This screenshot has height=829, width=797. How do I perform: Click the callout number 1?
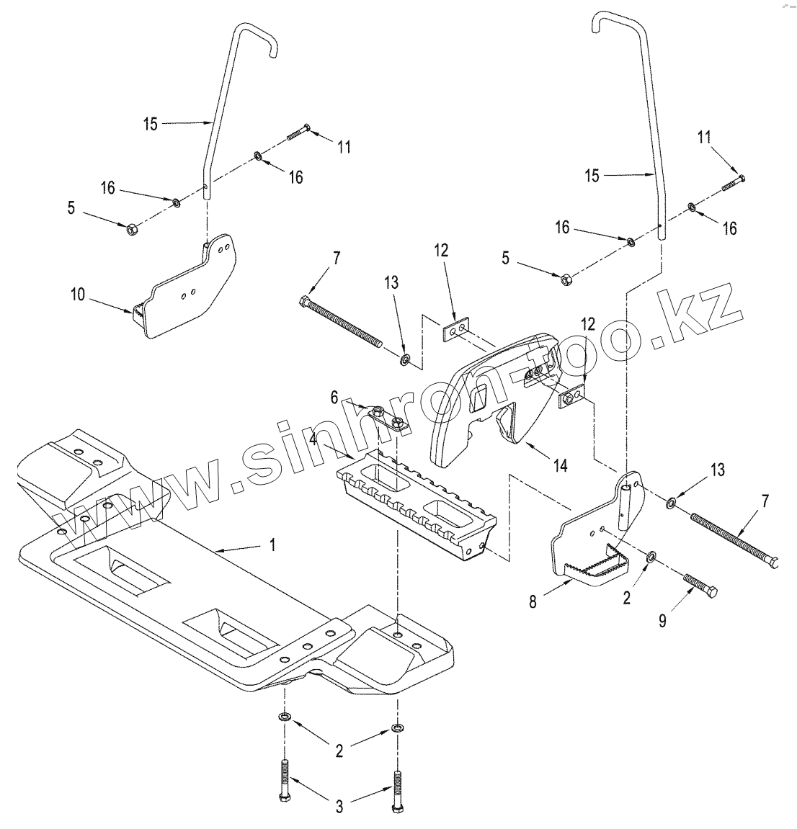272,545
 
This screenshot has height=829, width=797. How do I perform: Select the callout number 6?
334,397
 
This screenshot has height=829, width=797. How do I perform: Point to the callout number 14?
560,465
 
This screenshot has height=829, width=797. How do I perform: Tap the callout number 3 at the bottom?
339,807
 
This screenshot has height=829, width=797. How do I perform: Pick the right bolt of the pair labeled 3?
396,792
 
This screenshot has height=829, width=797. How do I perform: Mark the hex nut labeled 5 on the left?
131,230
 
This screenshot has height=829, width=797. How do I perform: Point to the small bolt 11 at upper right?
733,183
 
